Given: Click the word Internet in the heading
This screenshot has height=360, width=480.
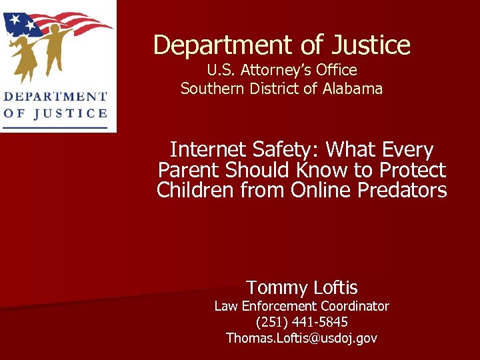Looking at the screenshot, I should [208, 150].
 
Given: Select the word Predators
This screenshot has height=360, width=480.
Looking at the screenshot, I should [403, 191].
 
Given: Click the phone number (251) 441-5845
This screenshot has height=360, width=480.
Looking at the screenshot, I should [301, 322].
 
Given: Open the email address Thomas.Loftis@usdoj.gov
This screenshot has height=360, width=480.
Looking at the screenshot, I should [301, 338].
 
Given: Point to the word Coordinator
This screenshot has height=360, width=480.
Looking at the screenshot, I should [354, 306].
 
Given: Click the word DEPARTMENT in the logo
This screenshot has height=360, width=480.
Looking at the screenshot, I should [55, 97].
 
